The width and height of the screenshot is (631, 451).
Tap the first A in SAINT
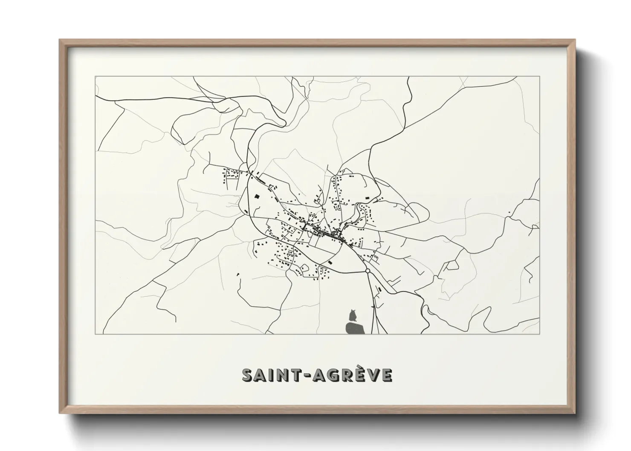click(x=261, y=375)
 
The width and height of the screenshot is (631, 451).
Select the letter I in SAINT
click(x=271, y=375)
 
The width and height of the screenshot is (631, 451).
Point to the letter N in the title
click(x=282, y=375)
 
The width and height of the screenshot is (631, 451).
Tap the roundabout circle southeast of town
click(x=368, y=271)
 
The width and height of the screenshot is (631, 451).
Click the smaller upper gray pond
click(x=353, y=316)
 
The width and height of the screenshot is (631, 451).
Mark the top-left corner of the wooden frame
click(x=59, y=40)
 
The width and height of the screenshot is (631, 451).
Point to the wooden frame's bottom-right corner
click(x=575, y=413)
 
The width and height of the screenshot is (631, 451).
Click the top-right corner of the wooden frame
click(x=575, y=40)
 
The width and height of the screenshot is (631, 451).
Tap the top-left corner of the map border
click(x=95, y=77)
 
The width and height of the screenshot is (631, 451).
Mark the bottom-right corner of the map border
click(x=540, y=334)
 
